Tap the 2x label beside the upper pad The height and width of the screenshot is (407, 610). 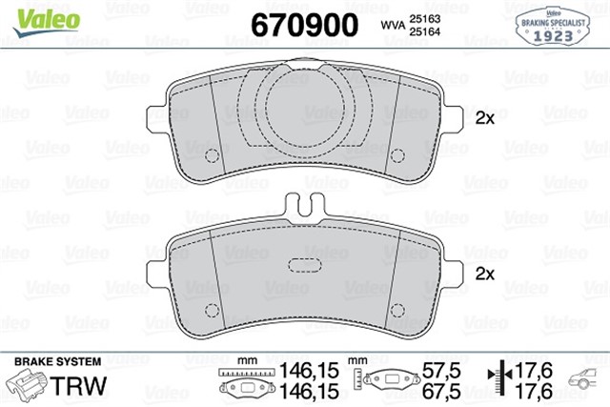pos(483,119)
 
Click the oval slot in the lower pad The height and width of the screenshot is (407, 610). pos(306,265)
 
